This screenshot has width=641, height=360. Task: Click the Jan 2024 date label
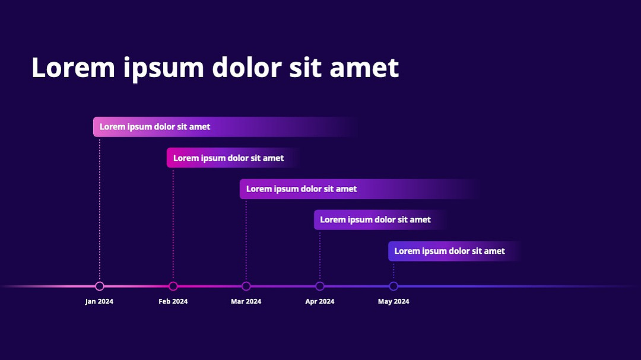pyautogui.click(x=99, y=301)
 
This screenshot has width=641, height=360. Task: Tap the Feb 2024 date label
pyautogui.click(x=173, y=301)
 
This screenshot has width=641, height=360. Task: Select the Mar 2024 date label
pyautogui.click(x=246, y=301)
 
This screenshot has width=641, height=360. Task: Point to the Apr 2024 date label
pyautogui.click(x=320, y=301)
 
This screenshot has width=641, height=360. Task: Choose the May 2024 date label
pyautogui.click(x=394, y=301)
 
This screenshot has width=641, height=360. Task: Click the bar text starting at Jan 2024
pyautogui.click(x=155, y=127)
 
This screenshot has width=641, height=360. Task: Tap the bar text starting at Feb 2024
pyautogui.click(x=229, y=158)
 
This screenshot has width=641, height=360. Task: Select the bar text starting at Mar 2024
pyautogui.click(x=302, y=189)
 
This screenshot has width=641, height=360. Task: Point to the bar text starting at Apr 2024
pyautogui.click(x=375, y=220)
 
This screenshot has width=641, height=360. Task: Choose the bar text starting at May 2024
pyautogui.click(x=450, y=251)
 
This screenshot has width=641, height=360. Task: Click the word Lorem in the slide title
pyautogui.click(x=73, y=68)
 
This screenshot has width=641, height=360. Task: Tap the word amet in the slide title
pyautogui.click(x=364, y=68)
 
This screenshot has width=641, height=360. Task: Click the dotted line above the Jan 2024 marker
pyautogui.click(x=99, y=209)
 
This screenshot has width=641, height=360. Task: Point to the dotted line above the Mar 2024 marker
pyautogui.click(x=246, y=240)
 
